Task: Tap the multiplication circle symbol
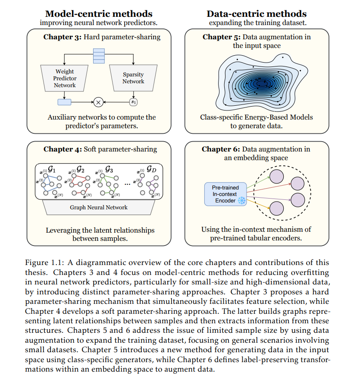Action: [98, 102]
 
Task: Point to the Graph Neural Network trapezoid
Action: [99, 208]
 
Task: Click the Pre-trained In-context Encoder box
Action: [224, 194]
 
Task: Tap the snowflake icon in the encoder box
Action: [241, 201]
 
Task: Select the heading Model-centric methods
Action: [99, 14]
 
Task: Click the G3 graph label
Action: [108, 170]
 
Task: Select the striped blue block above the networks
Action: [99, 56]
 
